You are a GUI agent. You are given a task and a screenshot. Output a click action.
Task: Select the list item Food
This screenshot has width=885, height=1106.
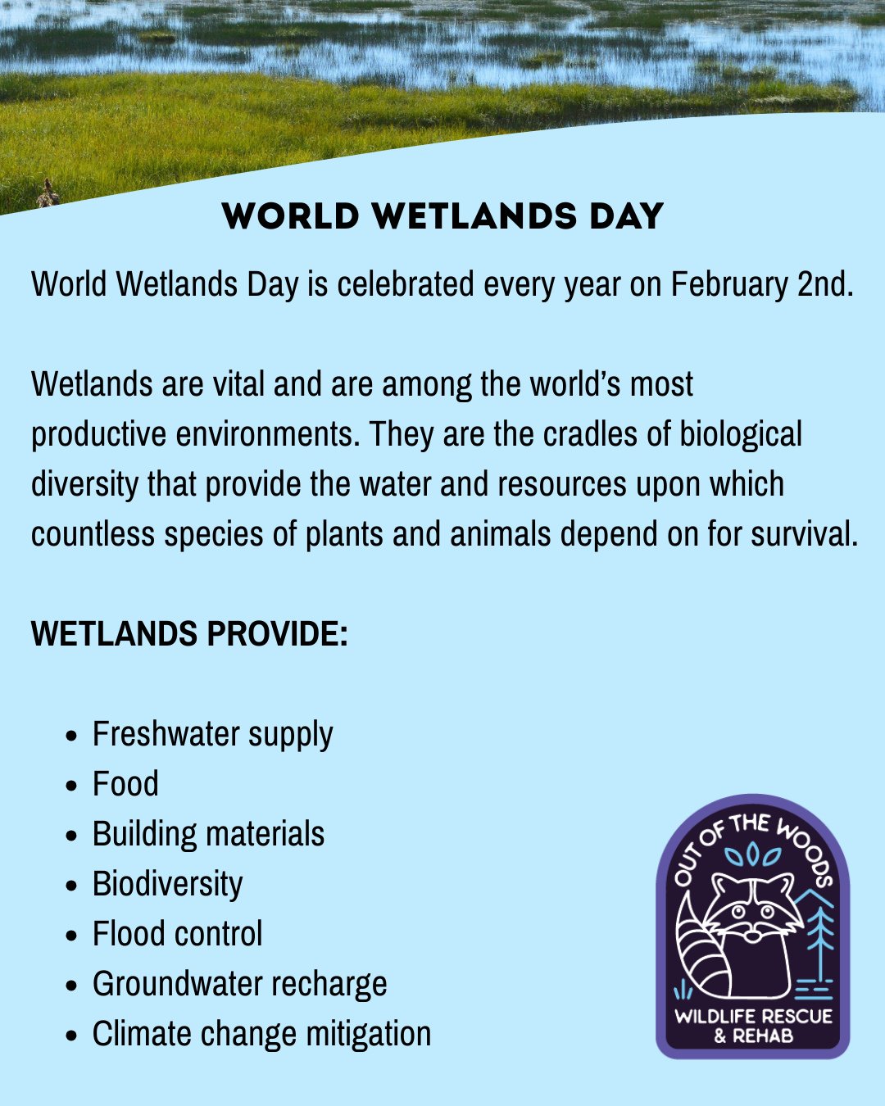[x=125, y=785]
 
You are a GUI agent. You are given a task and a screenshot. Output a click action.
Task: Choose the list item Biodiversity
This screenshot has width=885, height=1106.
[x=167, y=885]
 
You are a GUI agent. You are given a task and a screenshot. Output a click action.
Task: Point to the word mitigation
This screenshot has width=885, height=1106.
[x=368, y=1035]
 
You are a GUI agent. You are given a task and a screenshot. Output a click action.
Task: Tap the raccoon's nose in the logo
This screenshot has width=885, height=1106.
[x=751, y=931]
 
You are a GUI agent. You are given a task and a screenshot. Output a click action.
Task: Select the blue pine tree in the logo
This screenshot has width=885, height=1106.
[x=820, y=934]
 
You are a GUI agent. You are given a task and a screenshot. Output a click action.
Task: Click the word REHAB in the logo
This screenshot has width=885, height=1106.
[x=763, y=1036]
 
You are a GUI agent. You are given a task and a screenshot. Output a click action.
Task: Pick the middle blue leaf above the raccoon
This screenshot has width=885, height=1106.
[x=752, y=855]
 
